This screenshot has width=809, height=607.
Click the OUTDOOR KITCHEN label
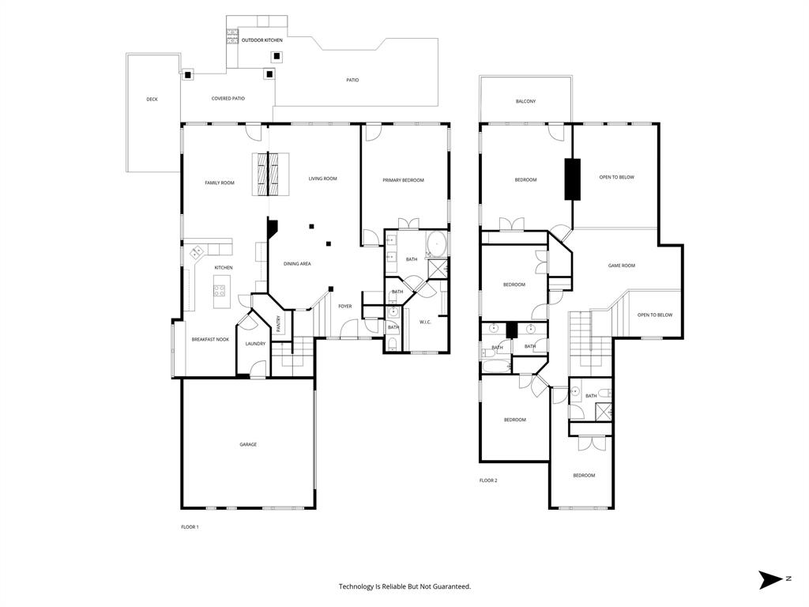(262, 40)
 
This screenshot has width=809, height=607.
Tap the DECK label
(152, 99)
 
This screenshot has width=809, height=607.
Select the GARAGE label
(248, 444)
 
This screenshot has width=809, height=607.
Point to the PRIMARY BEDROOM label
(403, 180)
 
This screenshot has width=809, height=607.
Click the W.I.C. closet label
(424, 322)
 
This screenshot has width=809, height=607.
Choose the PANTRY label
(279, 324)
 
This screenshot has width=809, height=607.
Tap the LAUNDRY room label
(255, 343)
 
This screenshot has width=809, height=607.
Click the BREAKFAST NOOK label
(210, 339)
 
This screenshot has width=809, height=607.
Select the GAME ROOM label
(621, 266)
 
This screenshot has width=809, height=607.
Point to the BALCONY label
(525, 101)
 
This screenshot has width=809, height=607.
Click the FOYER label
(345, 306)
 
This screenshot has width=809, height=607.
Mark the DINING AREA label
(297, 263)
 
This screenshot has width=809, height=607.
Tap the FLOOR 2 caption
(488, 481)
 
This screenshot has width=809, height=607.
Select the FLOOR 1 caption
(190, 526)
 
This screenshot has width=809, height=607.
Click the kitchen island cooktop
(219, 290)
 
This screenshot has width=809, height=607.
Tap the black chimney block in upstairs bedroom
(572, 179)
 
